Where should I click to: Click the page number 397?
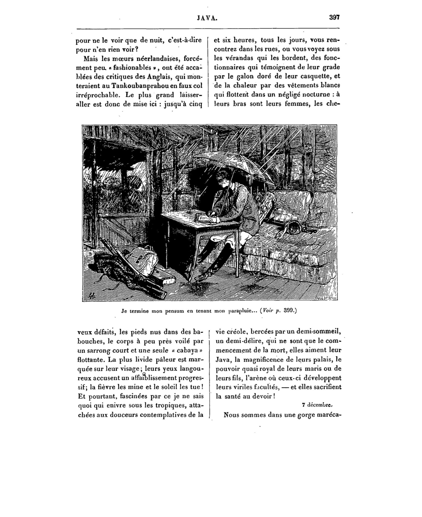334,18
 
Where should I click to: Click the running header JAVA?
207,18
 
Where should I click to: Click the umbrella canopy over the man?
233,163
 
